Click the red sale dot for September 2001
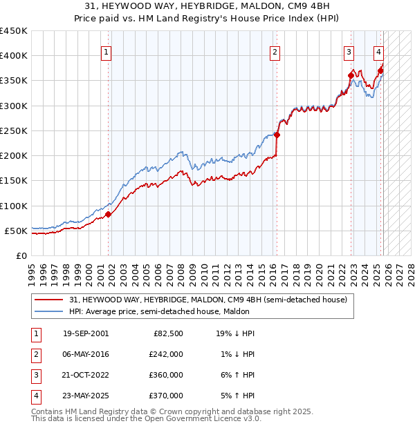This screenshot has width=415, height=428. pos(109,215)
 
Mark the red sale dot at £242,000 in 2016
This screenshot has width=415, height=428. pos(277,135)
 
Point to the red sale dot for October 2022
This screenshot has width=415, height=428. pos(351,76)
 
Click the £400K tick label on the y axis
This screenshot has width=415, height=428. pos(14,56)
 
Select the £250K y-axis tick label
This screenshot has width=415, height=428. pos(14,130)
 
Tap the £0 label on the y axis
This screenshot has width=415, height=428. pos(21,255)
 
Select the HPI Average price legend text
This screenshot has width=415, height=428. pos(159,311)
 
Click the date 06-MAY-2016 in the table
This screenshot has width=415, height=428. pos(86,354)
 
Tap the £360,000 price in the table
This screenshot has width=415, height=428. pos(165,375)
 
